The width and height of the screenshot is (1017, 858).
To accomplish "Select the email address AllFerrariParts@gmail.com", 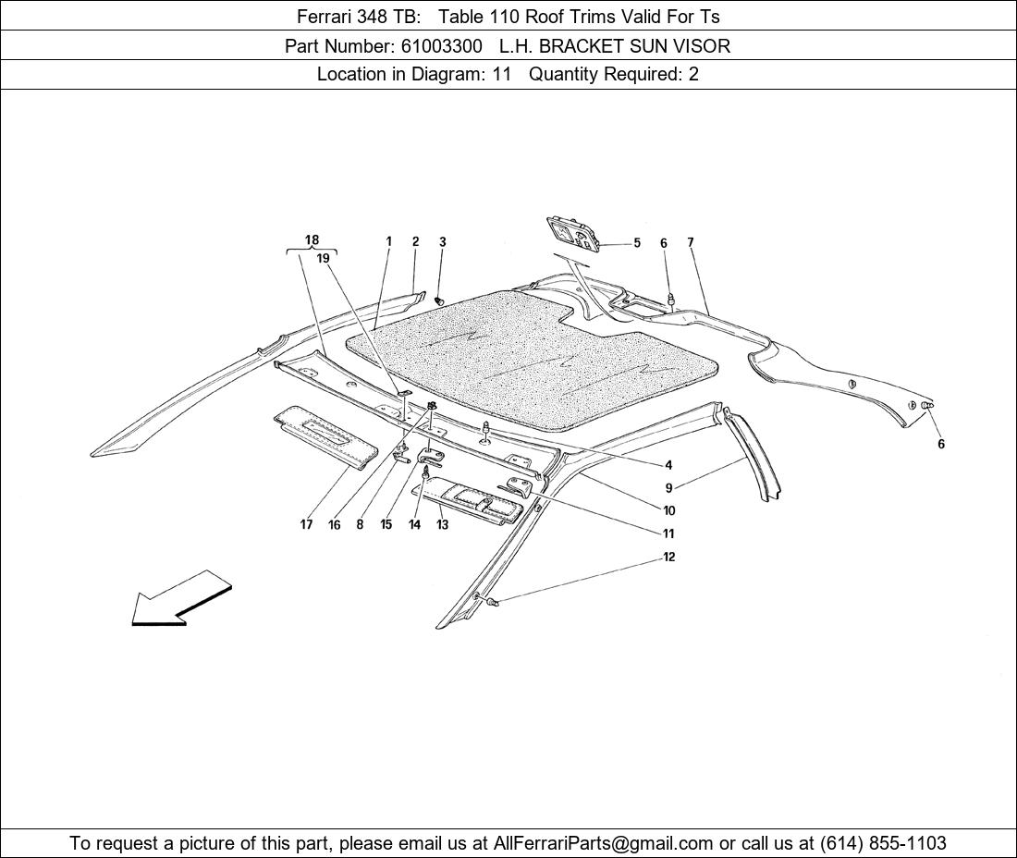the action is (x=603, y=843).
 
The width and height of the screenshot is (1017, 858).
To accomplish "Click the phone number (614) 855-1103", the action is (x=883, y=843).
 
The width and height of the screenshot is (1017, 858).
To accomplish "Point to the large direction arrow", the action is (x=181, y=598).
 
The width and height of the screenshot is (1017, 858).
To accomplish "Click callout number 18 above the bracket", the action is (x=312, y=240).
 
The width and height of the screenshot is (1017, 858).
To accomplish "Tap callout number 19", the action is (x=323, y=258).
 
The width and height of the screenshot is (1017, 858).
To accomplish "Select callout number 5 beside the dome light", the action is (x=637, y=243).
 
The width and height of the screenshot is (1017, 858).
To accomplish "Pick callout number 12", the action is (x=668, y=558).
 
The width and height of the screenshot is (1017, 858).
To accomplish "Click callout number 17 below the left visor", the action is (x=306, y=524).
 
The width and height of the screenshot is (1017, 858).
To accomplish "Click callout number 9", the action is (x=668, y=488).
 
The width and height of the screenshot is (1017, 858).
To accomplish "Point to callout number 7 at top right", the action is (x=691, y=242).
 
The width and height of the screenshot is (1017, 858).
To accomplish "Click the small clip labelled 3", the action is (x=439, y=300).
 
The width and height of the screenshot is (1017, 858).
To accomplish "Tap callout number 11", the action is (x=668, y=533).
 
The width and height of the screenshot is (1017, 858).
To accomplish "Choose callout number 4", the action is (x=668, y=465).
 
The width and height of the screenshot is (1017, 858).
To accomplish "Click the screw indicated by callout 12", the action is (x=495, y=603).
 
